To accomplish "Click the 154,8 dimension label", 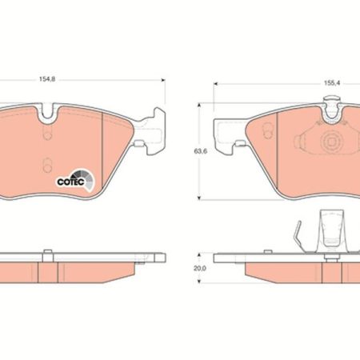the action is [47, 79].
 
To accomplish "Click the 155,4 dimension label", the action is [332, 83].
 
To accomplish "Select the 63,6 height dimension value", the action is [201, 151].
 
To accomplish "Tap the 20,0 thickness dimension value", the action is [200, 269].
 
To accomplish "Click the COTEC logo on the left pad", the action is [75, 180].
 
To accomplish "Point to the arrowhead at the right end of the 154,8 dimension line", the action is [163, 80].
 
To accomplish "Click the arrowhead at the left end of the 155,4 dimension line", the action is [215, 84].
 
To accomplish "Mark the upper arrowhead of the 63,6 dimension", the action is [198, 105].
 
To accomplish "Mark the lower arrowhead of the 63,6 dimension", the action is [198, 198].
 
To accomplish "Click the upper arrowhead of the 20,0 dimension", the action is [198, 255].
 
